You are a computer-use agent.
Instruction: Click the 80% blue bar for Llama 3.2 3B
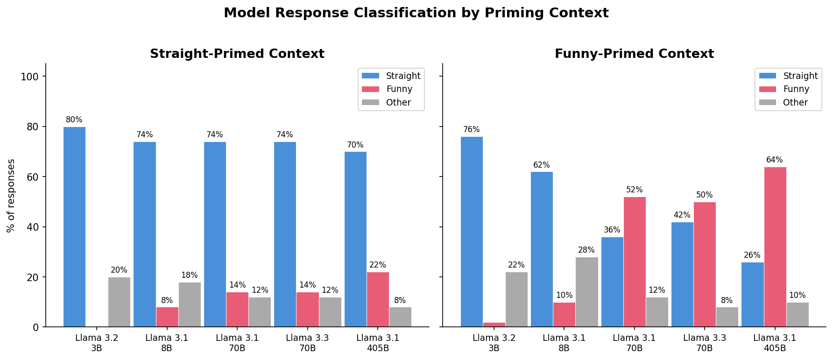click(x=74, y=227)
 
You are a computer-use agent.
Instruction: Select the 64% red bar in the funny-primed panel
click(x=775, y=247)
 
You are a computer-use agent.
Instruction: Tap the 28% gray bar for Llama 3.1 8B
click(x=586, y=292)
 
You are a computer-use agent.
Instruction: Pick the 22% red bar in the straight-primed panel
click(x=378, y=299)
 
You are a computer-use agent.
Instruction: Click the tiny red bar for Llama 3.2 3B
click(x=494, y=325)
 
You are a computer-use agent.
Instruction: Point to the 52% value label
click(x=634, y=190)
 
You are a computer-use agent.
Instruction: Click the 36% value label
click(x=612, y=230)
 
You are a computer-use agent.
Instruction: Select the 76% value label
click(x=471, y=130)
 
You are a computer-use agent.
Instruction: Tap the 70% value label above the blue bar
click(x=355, y=145)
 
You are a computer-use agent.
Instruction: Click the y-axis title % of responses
click(x=11, y=195)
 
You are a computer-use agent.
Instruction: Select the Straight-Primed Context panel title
click(x=237, y=54)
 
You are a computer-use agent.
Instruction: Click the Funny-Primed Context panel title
click(x=634, y=54)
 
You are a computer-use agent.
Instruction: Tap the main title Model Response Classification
click(x=416, y=13)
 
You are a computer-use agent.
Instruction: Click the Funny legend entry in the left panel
click(x=399, y=89)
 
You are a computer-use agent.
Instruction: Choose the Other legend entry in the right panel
click(x=795, y=103)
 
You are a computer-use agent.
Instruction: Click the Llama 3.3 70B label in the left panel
click(x=307, y=343)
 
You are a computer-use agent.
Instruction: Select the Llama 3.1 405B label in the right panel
click(x=775, y=343)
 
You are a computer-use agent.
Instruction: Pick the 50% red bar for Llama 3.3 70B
click(x=705, y=264)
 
